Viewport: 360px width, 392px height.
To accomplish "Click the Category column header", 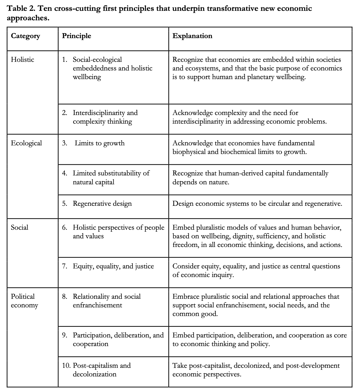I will click(25, 36).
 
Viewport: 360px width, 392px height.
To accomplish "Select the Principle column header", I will click(76, 36).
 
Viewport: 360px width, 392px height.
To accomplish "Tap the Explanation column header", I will click(192, 36).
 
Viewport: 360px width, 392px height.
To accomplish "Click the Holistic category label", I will click(23, 60).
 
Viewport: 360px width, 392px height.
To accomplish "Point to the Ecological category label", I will click(26, 143).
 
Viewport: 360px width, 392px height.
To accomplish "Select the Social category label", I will click(20, 227).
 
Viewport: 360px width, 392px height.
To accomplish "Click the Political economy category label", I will click(24, 301).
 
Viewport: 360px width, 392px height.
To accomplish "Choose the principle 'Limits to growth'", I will click(99, 143).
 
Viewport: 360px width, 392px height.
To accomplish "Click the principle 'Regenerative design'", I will click(102, 204).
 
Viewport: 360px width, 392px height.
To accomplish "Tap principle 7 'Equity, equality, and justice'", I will click(113, 266).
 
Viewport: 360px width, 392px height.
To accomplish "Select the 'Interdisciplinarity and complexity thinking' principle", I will click(105, 117).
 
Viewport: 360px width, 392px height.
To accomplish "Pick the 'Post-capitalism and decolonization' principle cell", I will click(101, 369).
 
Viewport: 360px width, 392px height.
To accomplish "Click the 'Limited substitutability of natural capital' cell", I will click(111, 177).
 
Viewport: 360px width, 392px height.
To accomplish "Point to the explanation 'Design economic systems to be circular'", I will click(257, 204).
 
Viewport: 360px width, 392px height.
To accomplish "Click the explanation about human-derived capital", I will click(250, 177).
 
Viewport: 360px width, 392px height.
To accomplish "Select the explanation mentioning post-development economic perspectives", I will click(256, 369).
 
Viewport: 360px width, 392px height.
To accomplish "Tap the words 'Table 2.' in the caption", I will click(20, 8).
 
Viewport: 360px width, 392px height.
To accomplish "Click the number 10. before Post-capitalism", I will click(66, 365).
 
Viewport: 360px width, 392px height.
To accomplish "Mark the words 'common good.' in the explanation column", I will click(195, 314).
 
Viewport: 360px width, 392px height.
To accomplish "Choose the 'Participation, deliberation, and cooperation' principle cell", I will click(118, 339).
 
